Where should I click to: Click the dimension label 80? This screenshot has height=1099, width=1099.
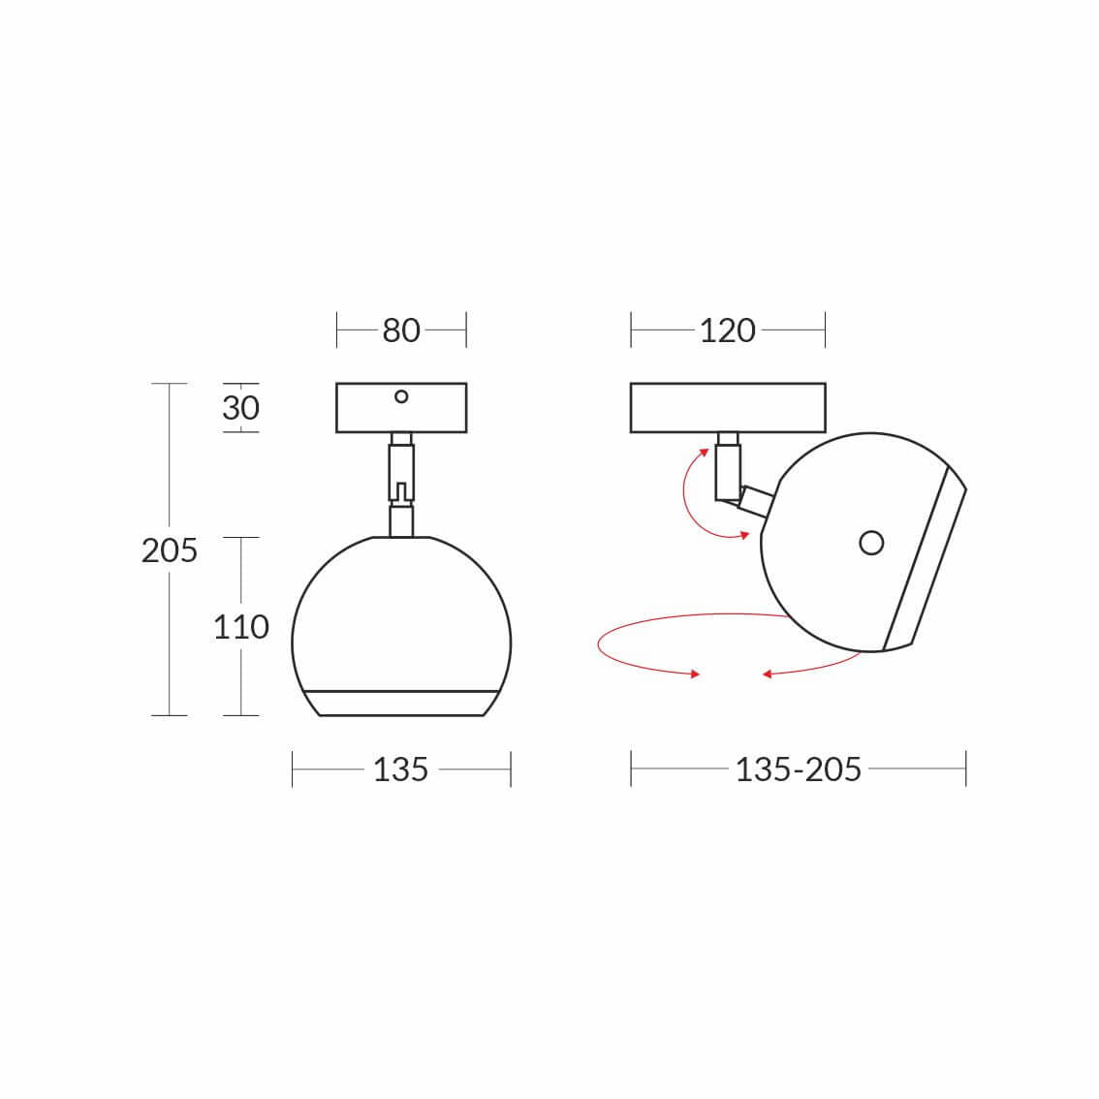[401, 330]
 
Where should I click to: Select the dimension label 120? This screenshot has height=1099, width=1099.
[728, 330]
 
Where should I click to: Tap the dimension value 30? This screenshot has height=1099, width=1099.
[240, 408]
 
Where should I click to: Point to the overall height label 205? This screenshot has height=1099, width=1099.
[169, 550]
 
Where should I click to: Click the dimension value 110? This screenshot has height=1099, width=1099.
[241, 627]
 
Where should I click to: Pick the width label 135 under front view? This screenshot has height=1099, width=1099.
[400, 769]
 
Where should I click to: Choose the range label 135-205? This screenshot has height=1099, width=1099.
[799, 769]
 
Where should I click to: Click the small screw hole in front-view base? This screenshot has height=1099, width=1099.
[401, 396]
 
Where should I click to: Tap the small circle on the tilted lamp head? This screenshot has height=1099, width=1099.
[871, 543]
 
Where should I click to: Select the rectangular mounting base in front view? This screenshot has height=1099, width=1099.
[401, 408]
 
